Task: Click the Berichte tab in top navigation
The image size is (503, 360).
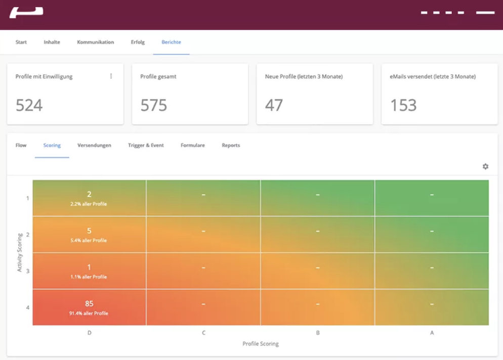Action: pos(171,42)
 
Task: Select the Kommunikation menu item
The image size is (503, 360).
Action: pos(95,42)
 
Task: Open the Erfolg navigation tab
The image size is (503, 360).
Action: pos(138,42)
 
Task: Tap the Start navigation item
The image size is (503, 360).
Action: pos(21,42)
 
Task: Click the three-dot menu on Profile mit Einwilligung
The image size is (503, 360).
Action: pos(111,76)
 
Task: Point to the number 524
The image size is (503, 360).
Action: pos(29,105)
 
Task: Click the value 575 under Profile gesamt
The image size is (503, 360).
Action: pos(154,105)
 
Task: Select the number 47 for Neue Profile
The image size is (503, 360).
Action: pos(274,105)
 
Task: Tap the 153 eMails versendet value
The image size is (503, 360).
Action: pos(403,105)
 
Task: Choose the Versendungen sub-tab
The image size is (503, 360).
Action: pos(94,146)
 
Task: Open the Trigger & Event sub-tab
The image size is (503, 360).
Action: pos(146,146)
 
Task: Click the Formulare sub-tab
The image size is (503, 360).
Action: pos(193,146)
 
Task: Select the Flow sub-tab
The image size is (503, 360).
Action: pos(21,146)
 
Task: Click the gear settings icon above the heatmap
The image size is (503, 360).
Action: pos(485,167)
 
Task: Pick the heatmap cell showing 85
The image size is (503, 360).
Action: pos(89,307)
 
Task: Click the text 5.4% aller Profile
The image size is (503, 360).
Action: pos(89,241)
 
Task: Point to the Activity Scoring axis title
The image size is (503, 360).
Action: pos(20,252)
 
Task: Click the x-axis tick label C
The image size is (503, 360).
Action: pos(203,333)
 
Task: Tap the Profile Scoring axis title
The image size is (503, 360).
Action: pos(261,344)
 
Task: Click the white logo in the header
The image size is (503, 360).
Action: pos(26,13)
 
